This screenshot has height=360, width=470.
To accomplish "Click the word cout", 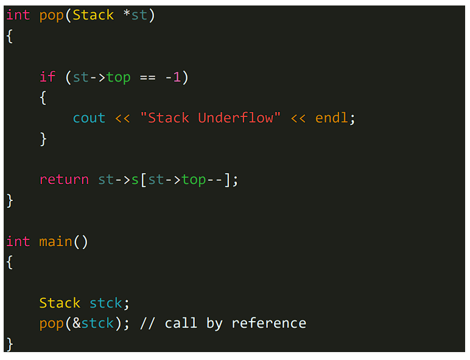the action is coord(89,118).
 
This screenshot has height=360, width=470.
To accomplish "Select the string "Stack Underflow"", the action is coord(210,118).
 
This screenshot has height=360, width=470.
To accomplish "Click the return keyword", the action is coord(64,180).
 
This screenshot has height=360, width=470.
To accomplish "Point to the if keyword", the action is coord(47,77).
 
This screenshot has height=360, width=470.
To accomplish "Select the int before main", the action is coord(18,242).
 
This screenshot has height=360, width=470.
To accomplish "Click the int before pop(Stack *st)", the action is coord(18,15).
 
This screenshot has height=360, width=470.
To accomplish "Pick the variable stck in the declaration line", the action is coord(106,303).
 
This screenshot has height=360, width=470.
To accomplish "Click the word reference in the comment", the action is coord(268,323).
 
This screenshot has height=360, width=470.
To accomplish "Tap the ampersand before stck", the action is coord(77,323).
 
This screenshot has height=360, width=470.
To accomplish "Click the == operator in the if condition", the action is coord(147,77).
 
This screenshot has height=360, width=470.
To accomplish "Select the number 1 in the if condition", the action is coord(177,77).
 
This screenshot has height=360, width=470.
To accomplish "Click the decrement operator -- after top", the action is coord(214,180).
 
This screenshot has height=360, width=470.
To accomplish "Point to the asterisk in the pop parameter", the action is coord(127,15).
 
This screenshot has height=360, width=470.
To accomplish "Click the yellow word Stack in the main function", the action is coord(60,303).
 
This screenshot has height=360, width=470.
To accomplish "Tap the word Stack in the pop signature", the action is coord(93,15).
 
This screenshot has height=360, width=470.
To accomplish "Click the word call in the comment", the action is coord(181,323).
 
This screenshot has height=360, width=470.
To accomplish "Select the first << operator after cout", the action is coord(122,118).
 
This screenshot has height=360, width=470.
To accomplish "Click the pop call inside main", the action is coord(52,323).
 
